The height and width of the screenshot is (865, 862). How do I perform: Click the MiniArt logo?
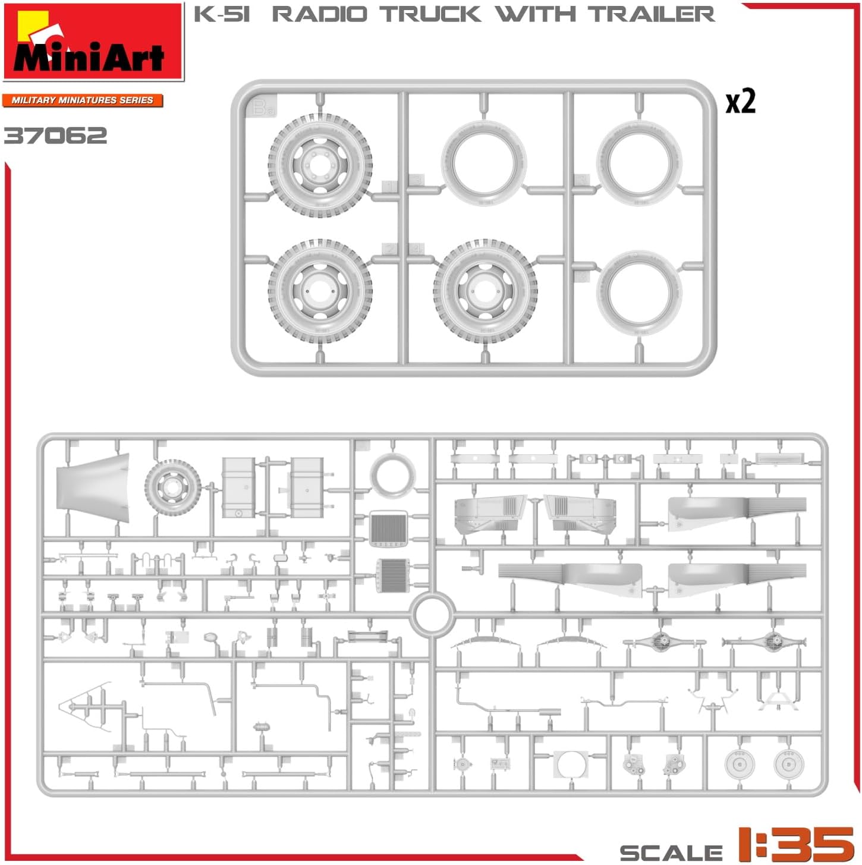pos(93,41)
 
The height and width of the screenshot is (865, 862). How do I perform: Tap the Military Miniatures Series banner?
pos(83,100)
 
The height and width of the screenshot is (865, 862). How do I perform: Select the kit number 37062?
pos(55,136)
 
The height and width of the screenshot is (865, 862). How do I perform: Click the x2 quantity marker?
pos(740,102)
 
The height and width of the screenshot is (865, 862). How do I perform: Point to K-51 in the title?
pos(221,14)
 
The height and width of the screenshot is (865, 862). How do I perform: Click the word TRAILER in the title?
pos(652,14)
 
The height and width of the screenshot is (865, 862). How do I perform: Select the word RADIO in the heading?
pos(320,14)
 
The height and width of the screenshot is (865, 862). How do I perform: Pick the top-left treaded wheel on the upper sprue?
pos(320,166)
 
